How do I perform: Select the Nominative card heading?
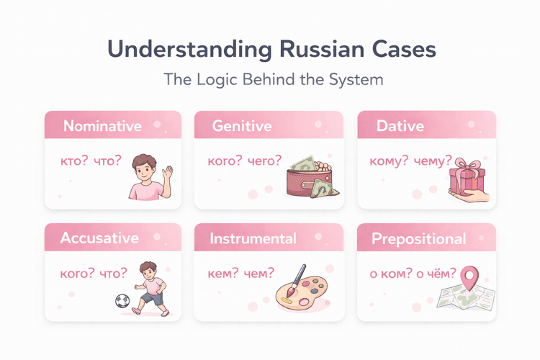pyautogui.click(x=102, y=126)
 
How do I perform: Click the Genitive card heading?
pyautogui.click(x=242, y=126)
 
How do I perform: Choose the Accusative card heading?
pyautogui.click(x=99, y=238)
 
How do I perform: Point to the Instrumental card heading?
pyautogui.click(x=253, y=238)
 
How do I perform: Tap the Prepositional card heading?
pyautogui.click(x=418, y=238)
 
